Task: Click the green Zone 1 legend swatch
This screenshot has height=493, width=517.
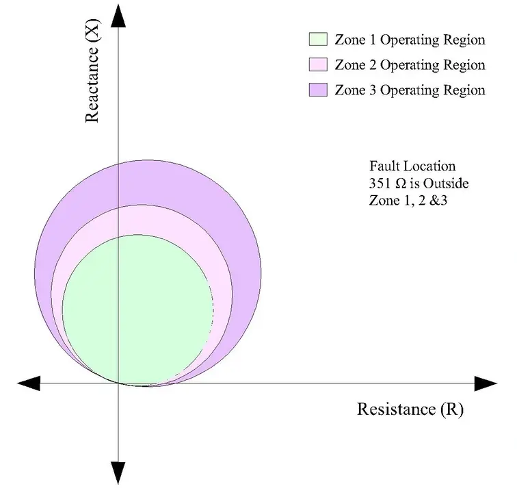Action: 319,39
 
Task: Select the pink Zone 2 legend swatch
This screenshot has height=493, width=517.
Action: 319,65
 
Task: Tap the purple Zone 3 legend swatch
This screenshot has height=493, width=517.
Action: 319,90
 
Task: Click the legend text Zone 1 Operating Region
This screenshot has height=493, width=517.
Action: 410,40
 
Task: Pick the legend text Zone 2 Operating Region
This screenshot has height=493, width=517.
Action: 410,65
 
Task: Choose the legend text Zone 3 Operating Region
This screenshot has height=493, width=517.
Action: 410,90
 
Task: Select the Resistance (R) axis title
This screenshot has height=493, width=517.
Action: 410,409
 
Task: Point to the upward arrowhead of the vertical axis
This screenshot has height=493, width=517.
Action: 120,15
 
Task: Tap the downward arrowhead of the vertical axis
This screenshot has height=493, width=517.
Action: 120,473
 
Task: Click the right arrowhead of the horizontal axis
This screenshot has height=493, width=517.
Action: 483,383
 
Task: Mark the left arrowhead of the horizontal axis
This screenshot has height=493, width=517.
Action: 29,383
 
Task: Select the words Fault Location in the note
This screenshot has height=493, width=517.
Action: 412,166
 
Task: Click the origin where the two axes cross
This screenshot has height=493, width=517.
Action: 120,383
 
